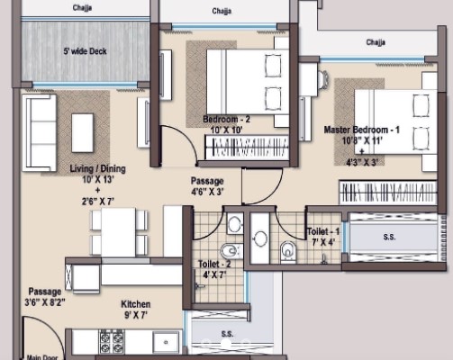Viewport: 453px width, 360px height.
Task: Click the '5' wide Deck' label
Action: point(85,51)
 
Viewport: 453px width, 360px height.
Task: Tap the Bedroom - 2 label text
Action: point(226,120)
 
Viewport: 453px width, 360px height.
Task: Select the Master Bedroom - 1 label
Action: point(362,130)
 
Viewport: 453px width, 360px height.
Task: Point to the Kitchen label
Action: point(136,304)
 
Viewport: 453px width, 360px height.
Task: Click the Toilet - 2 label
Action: point(214,265)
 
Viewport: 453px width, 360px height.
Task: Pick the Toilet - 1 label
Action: point(323,231)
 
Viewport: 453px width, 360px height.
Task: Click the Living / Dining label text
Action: point(97,168)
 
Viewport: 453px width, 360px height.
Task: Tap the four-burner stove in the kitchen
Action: point(112,342)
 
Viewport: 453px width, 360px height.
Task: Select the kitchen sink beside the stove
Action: point(166,342)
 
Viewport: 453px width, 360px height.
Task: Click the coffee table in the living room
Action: point(82,132)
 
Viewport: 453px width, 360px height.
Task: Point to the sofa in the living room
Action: point(40,133)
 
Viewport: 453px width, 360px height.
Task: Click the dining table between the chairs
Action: point(118,232)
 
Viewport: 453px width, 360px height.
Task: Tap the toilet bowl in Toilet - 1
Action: point(288,251)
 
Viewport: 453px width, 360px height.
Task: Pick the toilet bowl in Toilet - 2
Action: point(231,251)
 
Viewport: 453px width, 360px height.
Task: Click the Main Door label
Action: point(42,357)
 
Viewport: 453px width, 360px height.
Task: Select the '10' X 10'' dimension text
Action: point(226,130)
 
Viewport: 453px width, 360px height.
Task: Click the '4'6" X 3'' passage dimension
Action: point(207,192)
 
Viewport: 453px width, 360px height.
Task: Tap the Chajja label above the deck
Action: point(82,7)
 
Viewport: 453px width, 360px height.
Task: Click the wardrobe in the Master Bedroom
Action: point(388,193)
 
